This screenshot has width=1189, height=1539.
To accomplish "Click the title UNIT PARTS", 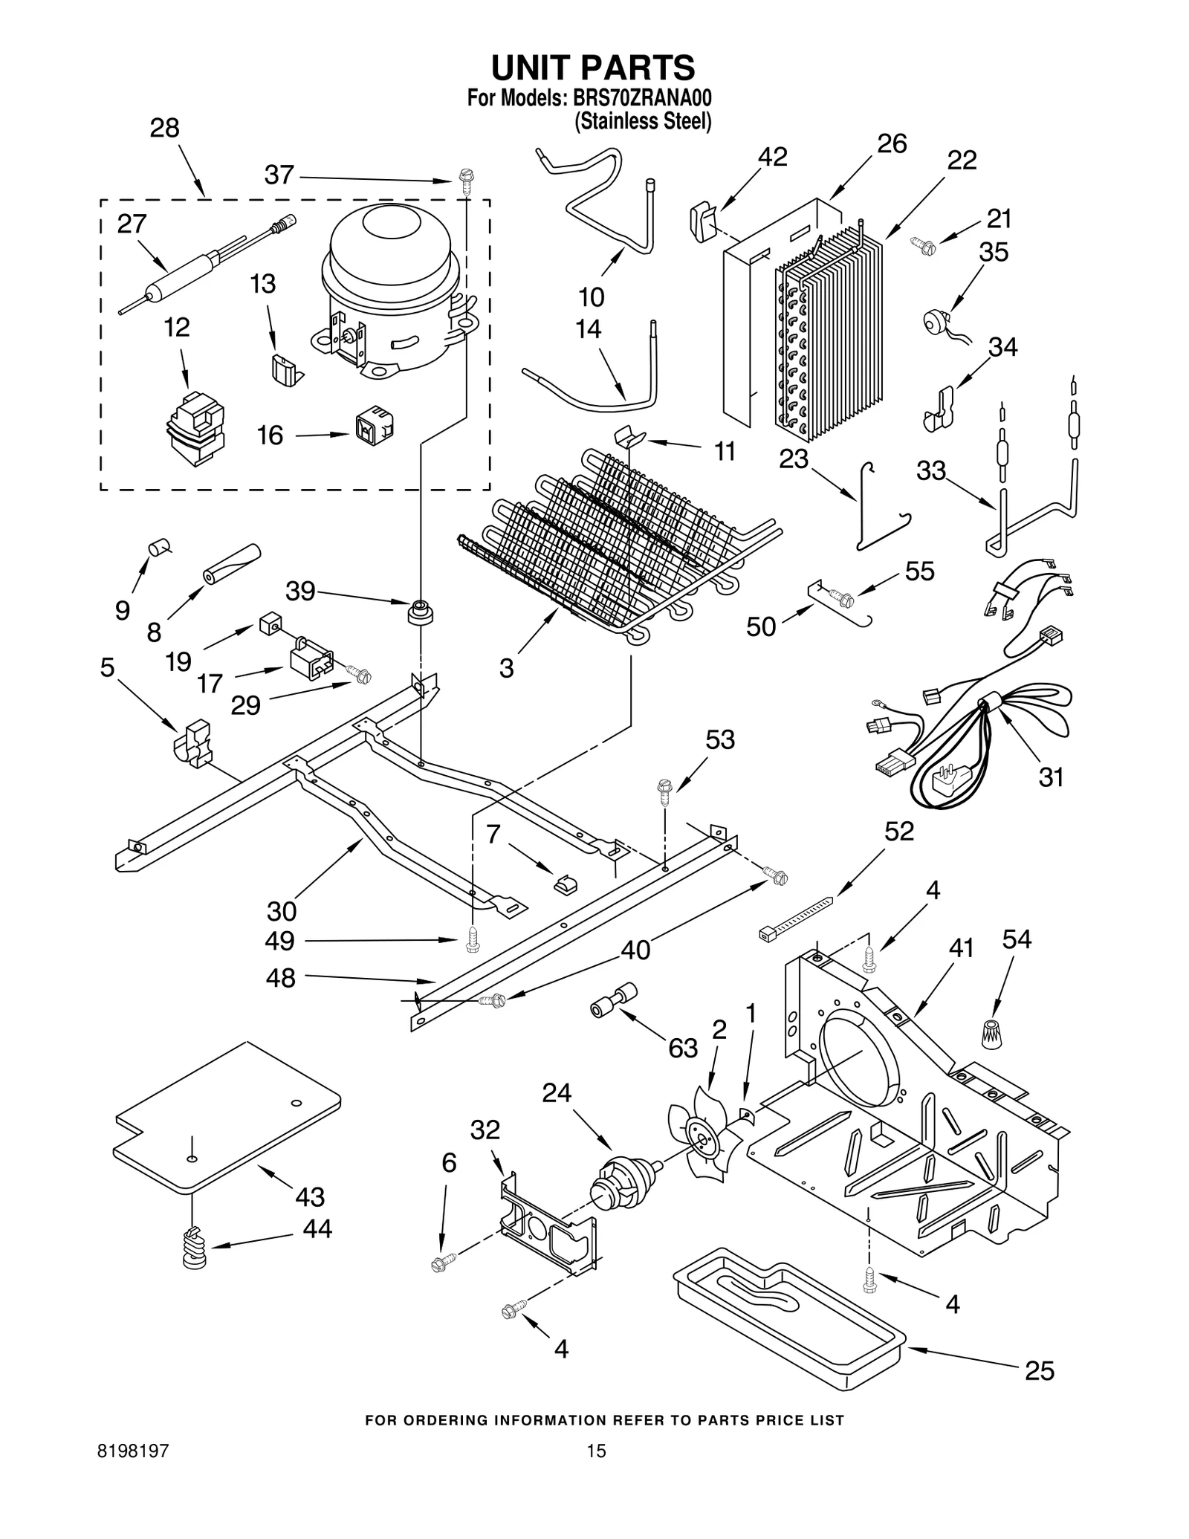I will click(592, 68).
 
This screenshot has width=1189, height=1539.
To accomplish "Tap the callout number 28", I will click(164, 129).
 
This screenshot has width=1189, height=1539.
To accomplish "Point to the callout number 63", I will click(682, 1048).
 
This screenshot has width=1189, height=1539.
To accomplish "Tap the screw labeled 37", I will click(466, 181).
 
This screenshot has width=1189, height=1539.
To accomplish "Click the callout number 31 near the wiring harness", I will click(1051, 777).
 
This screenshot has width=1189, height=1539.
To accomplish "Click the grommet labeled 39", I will click(421, 612).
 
